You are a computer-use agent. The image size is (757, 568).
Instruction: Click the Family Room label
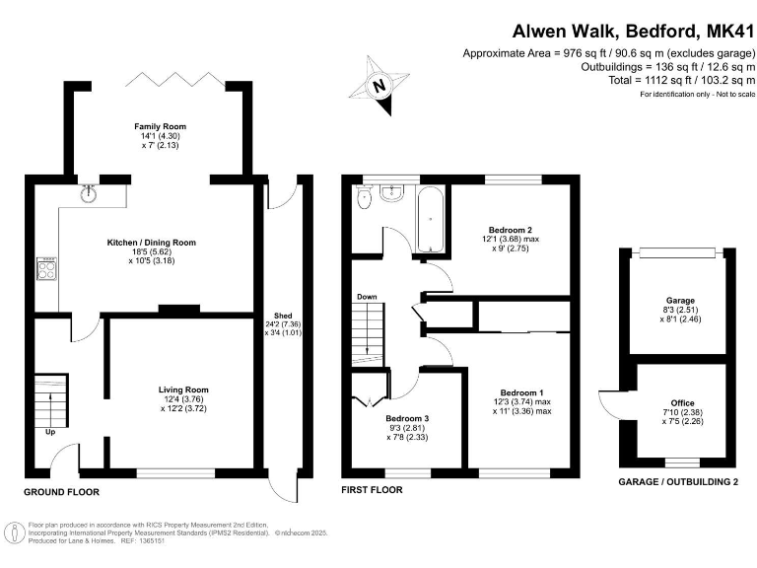tap(161, 126)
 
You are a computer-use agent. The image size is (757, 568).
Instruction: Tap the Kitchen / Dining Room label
tap(152, 242)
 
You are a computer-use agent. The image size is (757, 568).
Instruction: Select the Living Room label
tap(183, 389)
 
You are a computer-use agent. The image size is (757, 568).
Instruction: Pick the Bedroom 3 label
tap(406, 418)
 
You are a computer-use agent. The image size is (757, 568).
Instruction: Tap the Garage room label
tap(680, 300)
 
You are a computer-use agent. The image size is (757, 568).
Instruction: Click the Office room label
tap(682, 402)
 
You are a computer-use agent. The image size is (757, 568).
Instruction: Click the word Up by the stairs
tap(48, 431)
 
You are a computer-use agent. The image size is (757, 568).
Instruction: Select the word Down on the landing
tap(367, 296)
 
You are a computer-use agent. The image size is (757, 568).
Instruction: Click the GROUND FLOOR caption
tap(61, 490)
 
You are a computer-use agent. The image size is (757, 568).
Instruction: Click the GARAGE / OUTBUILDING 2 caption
tap(677, 482)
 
